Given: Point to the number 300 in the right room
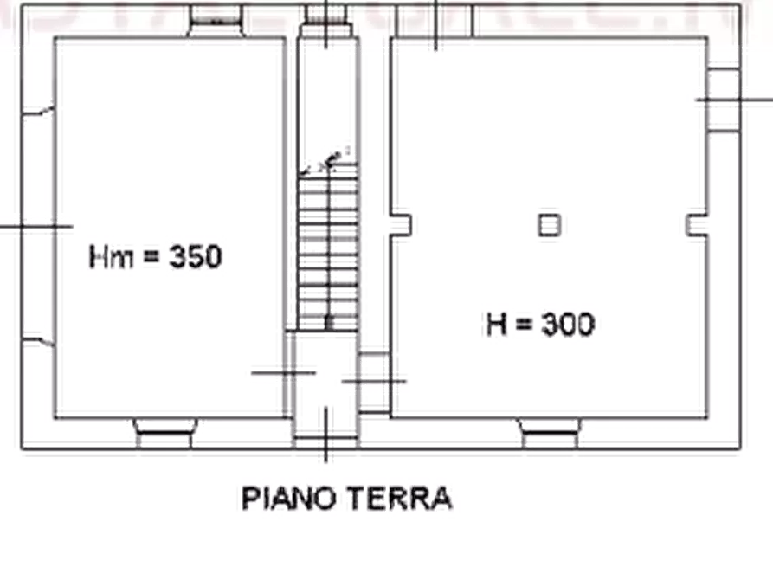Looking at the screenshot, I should [x=567, y=325].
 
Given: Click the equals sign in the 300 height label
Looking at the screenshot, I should [x=522, y=325].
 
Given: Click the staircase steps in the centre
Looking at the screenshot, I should [x=330, y=251].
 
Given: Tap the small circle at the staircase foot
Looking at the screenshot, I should [x=330, y=323].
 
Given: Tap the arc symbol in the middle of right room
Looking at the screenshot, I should [x=547, y=225].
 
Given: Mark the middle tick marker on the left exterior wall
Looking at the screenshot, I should [x=35, y=227].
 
